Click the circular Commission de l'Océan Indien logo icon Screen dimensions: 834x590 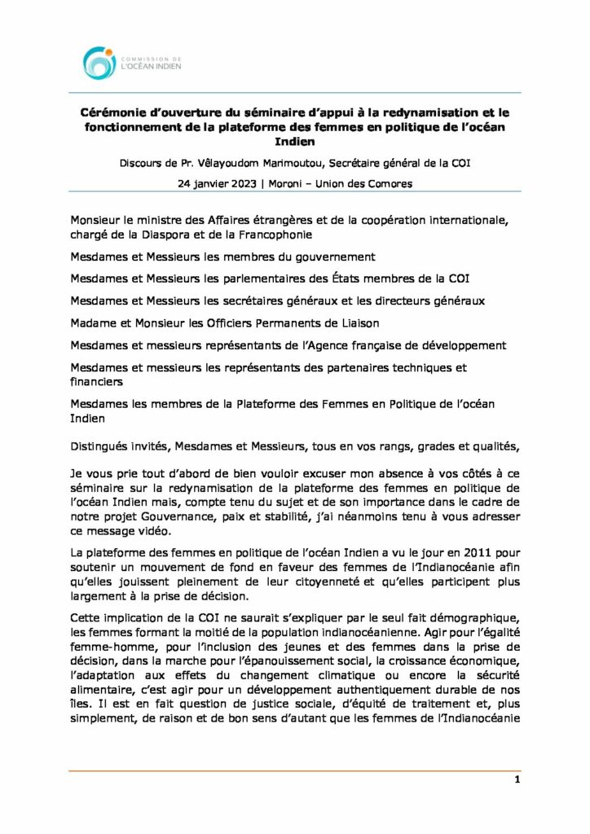coord(99,63)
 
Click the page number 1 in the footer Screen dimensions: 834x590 coord(517,779)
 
